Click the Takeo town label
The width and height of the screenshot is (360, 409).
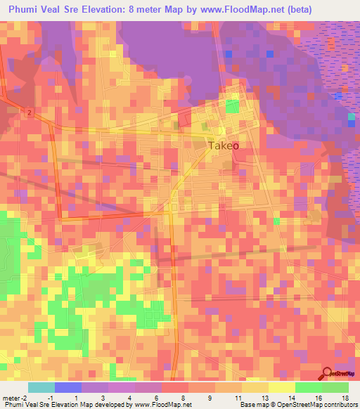(224, 145)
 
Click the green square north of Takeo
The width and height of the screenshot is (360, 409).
(232, 107)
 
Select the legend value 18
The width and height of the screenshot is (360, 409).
(345, 397)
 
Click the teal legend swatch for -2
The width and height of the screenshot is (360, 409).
(41, 387)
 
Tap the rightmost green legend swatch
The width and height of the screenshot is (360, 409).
(335, 387)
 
